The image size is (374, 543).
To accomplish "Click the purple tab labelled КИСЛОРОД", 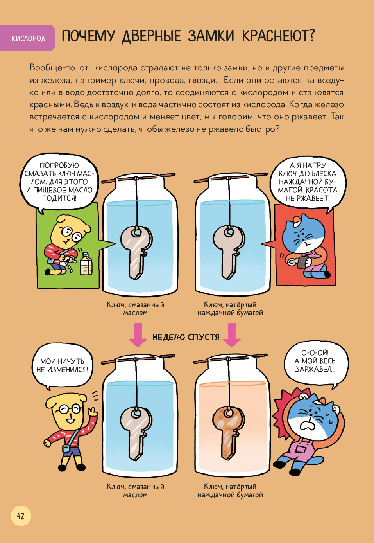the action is click(x=27, y=38).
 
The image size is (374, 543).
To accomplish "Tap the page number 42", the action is click(x=21, y=516).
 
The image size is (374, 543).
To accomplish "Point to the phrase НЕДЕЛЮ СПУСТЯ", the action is click(x=186, y=337).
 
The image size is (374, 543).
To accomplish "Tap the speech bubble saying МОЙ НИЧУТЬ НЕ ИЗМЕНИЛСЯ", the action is click(x=62, y=367).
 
